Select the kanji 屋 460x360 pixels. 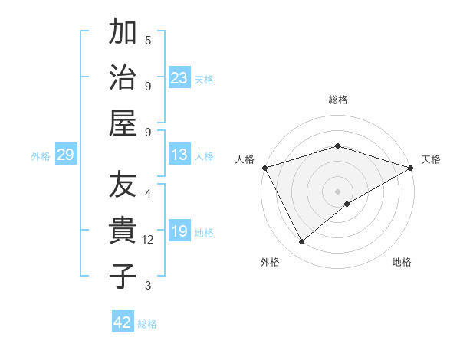pyautogui.click(x=123, y=123)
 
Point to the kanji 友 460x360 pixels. pyautogui.click(x=123, y=185)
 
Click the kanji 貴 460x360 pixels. pyautogui.click(x=123, y=231)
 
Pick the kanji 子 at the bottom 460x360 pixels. pyautogui.click(x=123, y=277)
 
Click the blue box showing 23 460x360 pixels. pyautogui.click(x=179, y=78)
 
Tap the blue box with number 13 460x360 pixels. pyautogui.click(x=179, y=155)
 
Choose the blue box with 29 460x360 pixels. pyautogui.click(x=65, y=155)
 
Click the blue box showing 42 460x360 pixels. pyautogui.click(x=123, y=322)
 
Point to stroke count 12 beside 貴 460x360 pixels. pyautogui.click(x=148, y=240)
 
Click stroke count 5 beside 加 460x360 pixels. pyautogui.click(x=148, y=40)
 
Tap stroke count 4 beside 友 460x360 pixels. pyautogui.click(x=148, y=193)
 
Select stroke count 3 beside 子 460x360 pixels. pyautogui.click(x=148, y=286)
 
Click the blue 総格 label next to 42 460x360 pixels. pyautogui.click(x=147, y=324)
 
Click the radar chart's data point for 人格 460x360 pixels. pyautogui.click(x=264, y=168)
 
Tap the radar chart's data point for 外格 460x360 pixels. pyautogui.click(x=301, y=242)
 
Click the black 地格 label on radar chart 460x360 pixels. pyautogui.click(x=402, y=262)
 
